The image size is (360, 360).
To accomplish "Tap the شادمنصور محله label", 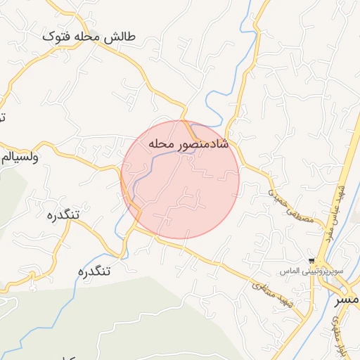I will [189, 143].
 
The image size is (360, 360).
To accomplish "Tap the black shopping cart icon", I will [312, 261].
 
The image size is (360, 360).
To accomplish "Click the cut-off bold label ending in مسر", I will [347, 299].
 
